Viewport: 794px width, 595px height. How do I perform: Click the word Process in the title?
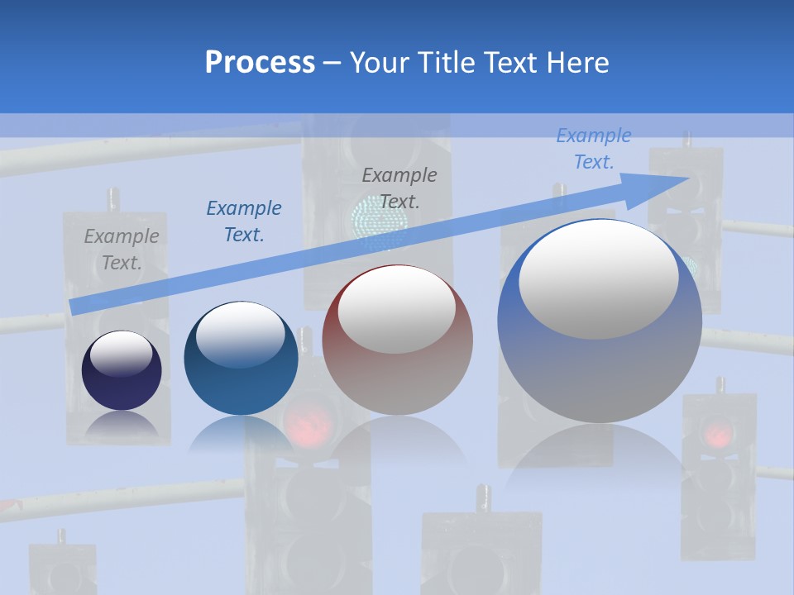pos(260,63)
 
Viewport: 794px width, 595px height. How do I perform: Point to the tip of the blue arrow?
pos(688,178)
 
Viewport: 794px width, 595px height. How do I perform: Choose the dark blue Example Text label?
pos(244,221)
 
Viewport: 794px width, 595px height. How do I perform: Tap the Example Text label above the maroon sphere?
pos(399,188)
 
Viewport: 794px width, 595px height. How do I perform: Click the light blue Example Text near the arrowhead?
pos(594,149)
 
